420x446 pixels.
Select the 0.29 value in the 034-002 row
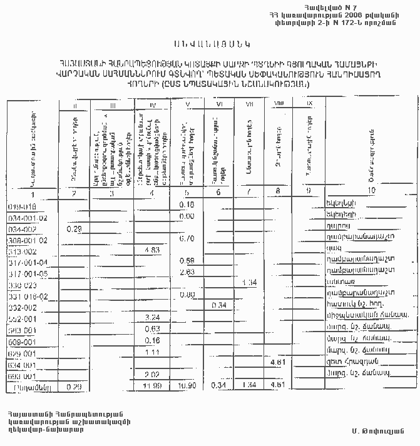pyautogui.click(x=74, y=230)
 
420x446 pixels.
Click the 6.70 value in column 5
pyautogui.click(x=186, y=238)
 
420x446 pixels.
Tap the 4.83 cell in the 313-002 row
pyautogui.click(x=153, y=250)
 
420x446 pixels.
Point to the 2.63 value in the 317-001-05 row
pyautogui.click(x=186, y=272)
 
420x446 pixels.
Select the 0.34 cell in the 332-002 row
pyautogui.click(x=219, y=305)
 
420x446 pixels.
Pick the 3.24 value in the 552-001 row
pyautogui.click(x=152, y=317)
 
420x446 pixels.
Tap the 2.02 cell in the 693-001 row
pyautogui.click(x=152, y=373)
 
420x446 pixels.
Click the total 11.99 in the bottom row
pyautogui.click(x=152, y=385)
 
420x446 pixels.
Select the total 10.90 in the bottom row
pyautogui.click(x=187, y=385)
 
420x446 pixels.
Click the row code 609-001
pyautogui.click(x=23, y=340)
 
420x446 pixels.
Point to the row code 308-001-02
pyautogui.click(x=28, y=240)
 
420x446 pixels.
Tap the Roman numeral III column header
pyautogui.click(x=112, y=106)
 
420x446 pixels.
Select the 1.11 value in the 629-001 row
pyautogui.click(x=152, y=352)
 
